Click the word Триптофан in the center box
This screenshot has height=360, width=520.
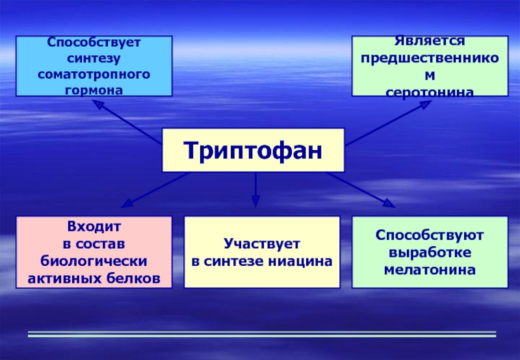(253, 151)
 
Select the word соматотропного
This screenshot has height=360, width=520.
(94, 74)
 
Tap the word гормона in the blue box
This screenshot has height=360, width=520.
(94, 90)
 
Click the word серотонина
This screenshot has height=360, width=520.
(430, 92)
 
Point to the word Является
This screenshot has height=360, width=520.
(430, 41)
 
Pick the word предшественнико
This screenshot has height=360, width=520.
(430, 58)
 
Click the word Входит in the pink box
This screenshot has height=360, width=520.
(94, 227)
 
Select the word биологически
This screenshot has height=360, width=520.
(94, 261)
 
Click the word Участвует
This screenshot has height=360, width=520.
(262, 244)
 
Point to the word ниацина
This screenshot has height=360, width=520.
(300, 261)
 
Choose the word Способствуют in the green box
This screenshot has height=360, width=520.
(430, 235)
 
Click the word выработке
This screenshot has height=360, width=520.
(430, 253)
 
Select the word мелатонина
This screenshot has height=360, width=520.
(430, 270)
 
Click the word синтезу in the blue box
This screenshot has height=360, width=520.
(94, 58)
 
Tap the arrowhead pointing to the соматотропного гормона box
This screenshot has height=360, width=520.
(98, 104)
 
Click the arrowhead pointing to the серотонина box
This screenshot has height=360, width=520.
(426, 104)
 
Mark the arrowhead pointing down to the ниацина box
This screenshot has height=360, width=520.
(255, 201)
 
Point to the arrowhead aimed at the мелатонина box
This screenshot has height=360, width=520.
(389, 203)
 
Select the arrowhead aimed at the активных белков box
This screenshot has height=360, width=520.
(127, 203)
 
